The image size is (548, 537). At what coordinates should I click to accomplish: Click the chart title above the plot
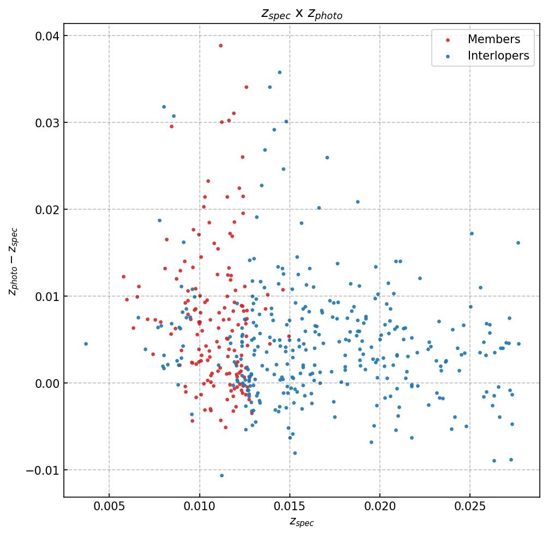pos(302,15)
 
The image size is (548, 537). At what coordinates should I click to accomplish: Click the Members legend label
pos(493,39)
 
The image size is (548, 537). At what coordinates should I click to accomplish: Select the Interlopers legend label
pos(498,56)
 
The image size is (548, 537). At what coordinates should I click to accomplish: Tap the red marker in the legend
pos(448,40)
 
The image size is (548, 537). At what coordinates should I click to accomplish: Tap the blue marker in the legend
pos(448,56)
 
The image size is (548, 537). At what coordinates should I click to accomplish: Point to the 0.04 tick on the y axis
pos(48,36)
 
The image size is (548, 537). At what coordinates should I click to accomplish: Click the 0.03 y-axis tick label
pos(48,123)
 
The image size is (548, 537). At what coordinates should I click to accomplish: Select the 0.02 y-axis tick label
pos(48,210)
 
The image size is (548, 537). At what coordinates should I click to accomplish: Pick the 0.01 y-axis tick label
pos(48,297)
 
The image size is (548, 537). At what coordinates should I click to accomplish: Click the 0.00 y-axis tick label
pos(48,383)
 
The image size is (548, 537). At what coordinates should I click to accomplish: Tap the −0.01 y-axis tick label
pos(44,470)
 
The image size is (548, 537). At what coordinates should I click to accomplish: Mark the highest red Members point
pos(221,45)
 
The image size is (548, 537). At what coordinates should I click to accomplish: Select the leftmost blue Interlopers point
pos(86,344)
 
